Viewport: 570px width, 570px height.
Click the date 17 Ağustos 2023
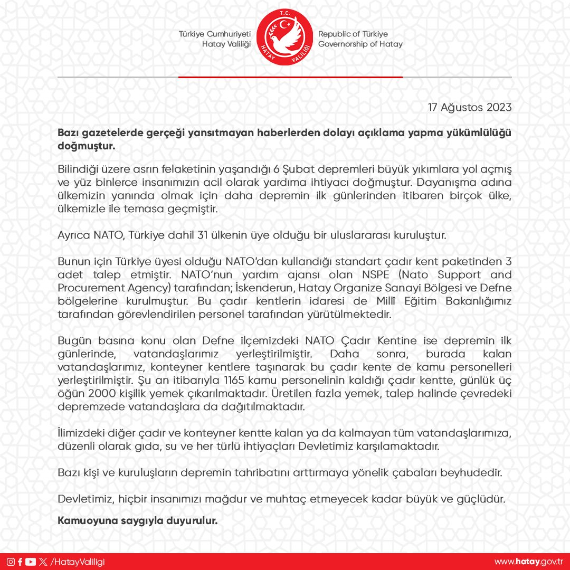click(469, 107)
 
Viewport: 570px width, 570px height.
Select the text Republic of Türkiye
click(353, 34)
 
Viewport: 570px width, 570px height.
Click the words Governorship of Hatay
click(360, 44)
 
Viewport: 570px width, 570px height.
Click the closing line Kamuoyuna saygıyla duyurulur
click(138, 521)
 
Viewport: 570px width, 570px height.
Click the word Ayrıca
click(72, 235)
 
